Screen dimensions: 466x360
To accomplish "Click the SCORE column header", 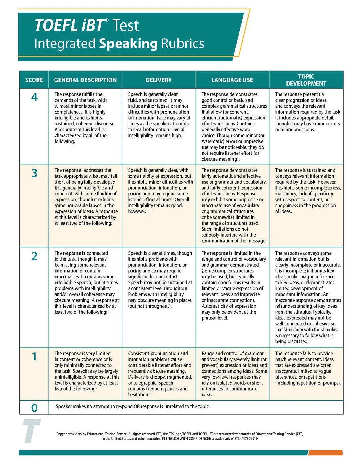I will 34,80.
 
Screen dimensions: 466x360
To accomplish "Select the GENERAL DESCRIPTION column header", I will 85,80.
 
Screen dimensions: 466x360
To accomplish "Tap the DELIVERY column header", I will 159,80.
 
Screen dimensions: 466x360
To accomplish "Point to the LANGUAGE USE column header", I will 232,80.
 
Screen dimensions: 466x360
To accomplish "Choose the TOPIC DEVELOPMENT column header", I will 306,80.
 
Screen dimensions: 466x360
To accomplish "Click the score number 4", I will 34,98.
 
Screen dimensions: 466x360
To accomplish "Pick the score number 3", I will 34,173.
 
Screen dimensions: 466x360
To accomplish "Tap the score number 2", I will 34,256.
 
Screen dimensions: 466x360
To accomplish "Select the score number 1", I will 34,357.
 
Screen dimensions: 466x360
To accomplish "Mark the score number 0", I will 34,408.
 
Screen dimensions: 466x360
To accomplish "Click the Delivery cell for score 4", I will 159,115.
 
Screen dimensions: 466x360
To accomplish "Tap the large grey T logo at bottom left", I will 31,431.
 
